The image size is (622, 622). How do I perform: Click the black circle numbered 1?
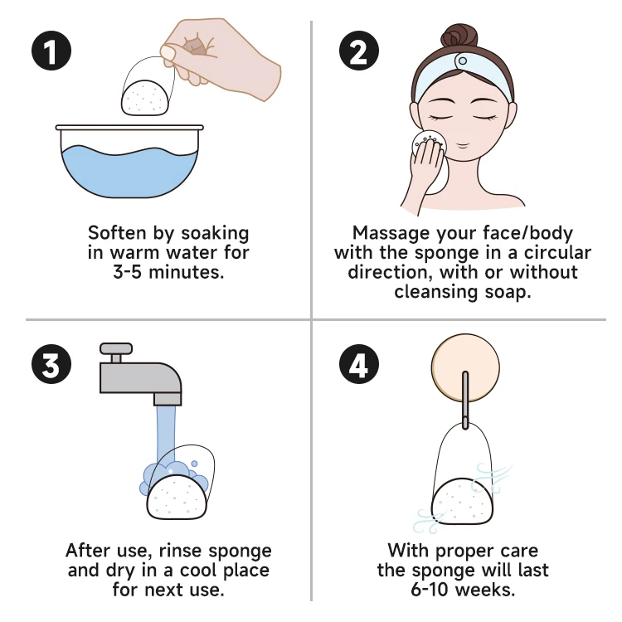[x=51, y=51]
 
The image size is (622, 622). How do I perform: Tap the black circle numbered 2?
[x=359, y=51]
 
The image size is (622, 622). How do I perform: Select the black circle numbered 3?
[x=51, y=364]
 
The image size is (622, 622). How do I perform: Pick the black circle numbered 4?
[x=359, y=364]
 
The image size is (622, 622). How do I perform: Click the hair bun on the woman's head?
[x=459, y=37]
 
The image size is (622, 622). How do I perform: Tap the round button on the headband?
[x=462, y=61]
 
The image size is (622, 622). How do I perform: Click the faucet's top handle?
[x=116, y=348]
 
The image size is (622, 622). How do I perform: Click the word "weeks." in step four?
[x=485, y=590]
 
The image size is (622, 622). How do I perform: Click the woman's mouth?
[x=462, y=145]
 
